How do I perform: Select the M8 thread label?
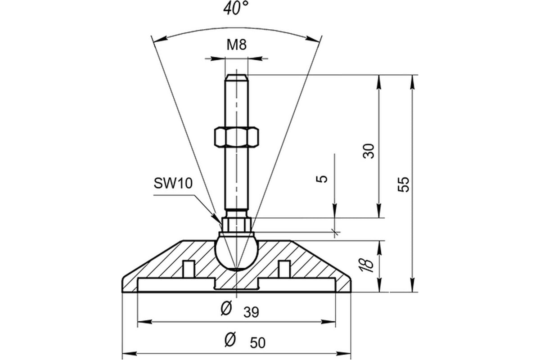pos(236,45)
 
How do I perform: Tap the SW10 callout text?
pos(173,183)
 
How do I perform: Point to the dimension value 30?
pos(369,151)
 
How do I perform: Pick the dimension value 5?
pos(323,179)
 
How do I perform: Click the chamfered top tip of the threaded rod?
pos(236,77)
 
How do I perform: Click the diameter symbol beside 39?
pos(226,310)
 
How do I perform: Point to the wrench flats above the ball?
pos(236,224)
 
